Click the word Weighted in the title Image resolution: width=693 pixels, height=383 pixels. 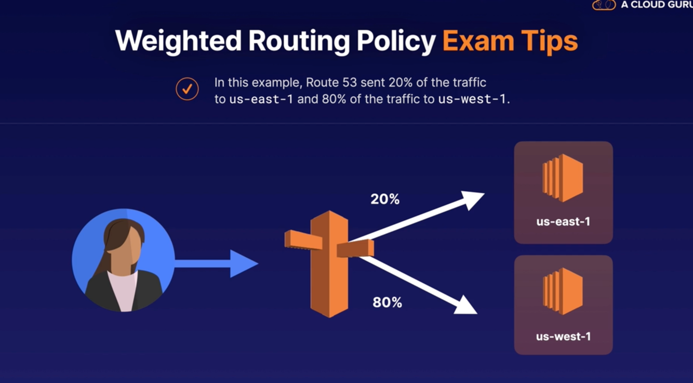click(178, 41)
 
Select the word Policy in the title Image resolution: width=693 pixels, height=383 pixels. click(400, 41)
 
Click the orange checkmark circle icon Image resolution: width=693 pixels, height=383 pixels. click(187, 89)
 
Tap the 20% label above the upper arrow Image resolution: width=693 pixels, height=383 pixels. click(385, 199)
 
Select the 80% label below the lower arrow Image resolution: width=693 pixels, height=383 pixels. click(387, 302)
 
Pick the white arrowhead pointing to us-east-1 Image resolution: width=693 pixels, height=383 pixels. click(472, 199)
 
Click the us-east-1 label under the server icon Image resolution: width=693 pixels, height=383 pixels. click(563, 222)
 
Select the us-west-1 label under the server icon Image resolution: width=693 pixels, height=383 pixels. click(563, 336)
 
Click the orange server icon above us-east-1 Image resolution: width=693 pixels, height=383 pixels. click(563, 178)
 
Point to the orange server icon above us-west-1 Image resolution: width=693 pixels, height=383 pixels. click(563, 292)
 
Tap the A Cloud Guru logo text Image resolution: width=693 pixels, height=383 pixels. click(656, 5)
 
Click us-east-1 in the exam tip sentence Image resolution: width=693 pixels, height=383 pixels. click(261, 99)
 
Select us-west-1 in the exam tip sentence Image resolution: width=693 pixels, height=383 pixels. click(472, 99)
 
